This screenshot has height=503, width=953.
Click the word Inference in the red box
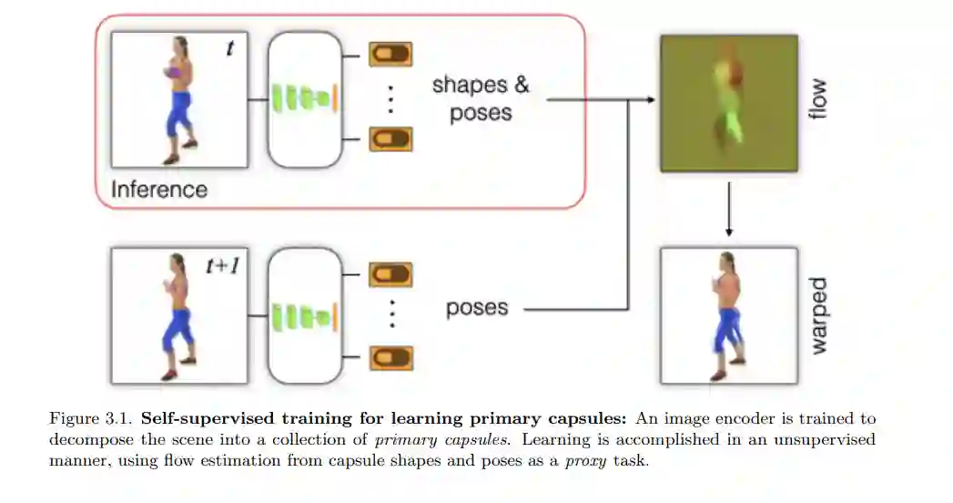tap(158, 190)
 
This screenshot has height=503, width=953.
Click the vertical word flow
tap(817, 101)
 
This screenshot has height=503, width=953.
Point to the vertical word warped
tap(817, 316)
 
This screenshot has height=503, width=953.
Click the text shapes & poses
tap(480, 98)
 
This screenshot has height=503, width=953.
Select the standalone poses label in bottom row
tap(477, 308)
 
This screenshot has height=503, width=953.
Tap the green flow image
tap(728, 103)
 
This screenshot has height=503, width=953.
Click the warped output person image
tap(728, 315)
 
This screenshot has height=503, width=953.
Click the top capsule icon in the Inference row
tap(390, 55)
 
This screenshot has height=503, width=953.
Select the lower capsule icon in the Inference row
tap(390, 139)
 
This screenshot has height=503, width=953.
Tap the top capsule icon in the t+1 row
tap(390, 274)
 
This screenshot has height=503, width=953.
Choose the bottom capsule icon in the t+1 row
tap(390, 357)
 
